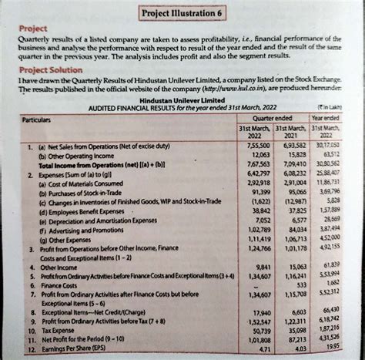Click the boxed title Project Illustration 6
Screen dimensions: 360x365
[x=182, y=14]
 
